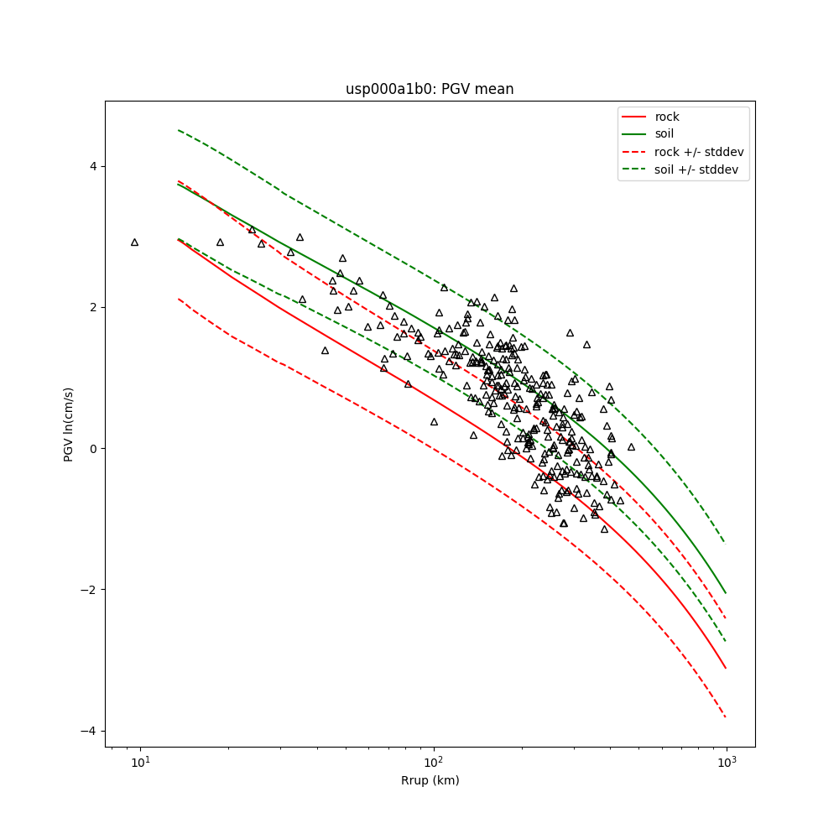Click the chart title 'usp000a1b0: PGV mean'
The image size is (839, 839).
click(x=430, y=89)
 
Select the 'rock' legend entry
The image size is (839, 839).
click(x=667, y=117)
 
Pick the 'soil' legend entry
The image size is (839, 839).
click(x=664, y=133)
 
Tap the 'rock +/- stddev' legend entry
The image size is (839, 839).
click(x=699, y=152)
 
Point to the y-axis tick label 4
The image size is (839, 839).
click(x=93, y=166)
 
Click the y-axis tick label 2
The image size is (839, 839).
click(x=93, y=307)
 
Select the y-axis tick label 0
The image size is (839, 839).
click(x=93, y=448)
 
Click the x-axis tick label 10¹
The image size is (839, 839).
click(x=140, y=763)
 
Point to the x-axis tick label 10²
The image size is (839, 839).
click(x=433, y=763)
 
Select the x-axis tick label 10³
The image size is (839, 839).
click(x=726, y=763)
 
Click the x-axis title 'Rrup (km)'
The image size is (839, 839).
click(x=430, y=780)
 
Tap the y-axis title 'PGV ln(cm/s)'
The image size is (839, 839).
click(x=69, y=424)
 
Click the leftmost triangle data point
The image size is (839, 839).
click(x=134, y=242)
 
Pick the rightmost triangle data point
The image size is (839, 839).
click(x=631, y=446)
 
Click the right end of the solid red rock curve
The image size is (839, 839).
click(x=726, y=669)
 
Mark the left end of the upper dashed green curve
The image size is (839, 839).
click(x=179, y=130)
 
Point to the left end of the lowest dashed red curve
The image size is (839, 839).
click(x=179, y=299)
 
